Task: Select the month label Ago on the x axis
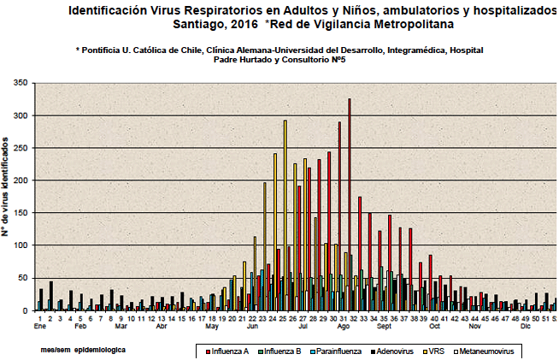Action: pyautogui.click(x=343, y=327)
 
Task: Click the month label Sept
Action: pyautogui.click(x=384, y=327)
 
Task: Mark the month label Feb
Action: pyautogui.click(x=80, y=327)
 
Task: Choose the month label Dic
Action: pyautogui.click(x=526, y=327)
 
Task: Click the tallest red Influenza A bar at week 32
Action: pyautogui.click(x=349, y=205)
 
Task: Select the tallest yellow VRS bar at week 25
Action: pyautogui.click(x=285, y=214)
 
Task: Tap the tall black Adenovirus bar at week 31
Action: pyautogui.click(x=339, y=214)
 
